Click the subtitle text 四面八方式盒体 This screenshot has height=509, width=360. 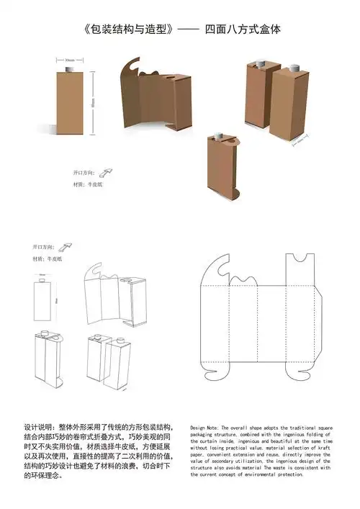point(243,30)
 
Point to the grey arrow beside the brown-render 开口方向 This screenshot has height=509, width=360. point(104,173)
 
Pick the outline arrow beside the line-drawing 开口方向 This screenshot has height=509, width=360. point(71,246)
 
